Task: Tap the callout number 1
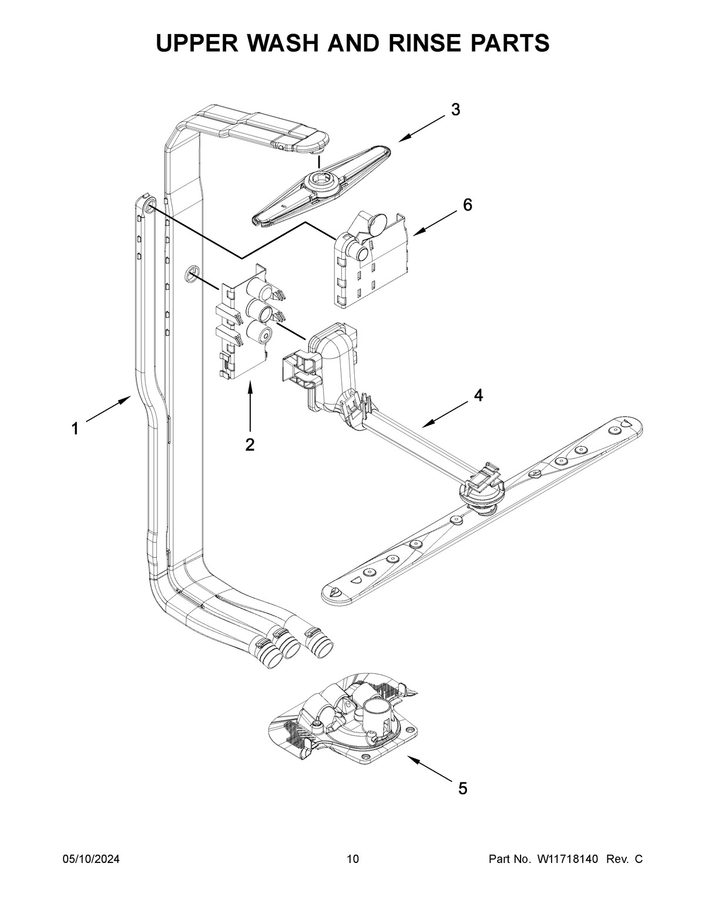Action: (x=75, y=429)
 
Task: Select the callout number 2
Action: (x=250, y=445)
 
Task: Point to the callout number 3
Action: (x=455, y=109)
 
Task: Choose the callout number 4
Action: (x=478, y=396)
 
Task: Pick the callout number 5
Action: (x=462, y=788)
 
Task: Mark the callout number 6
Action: (x=467, y=205)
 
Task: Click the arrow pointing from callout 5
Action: (x=430, y=770)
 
